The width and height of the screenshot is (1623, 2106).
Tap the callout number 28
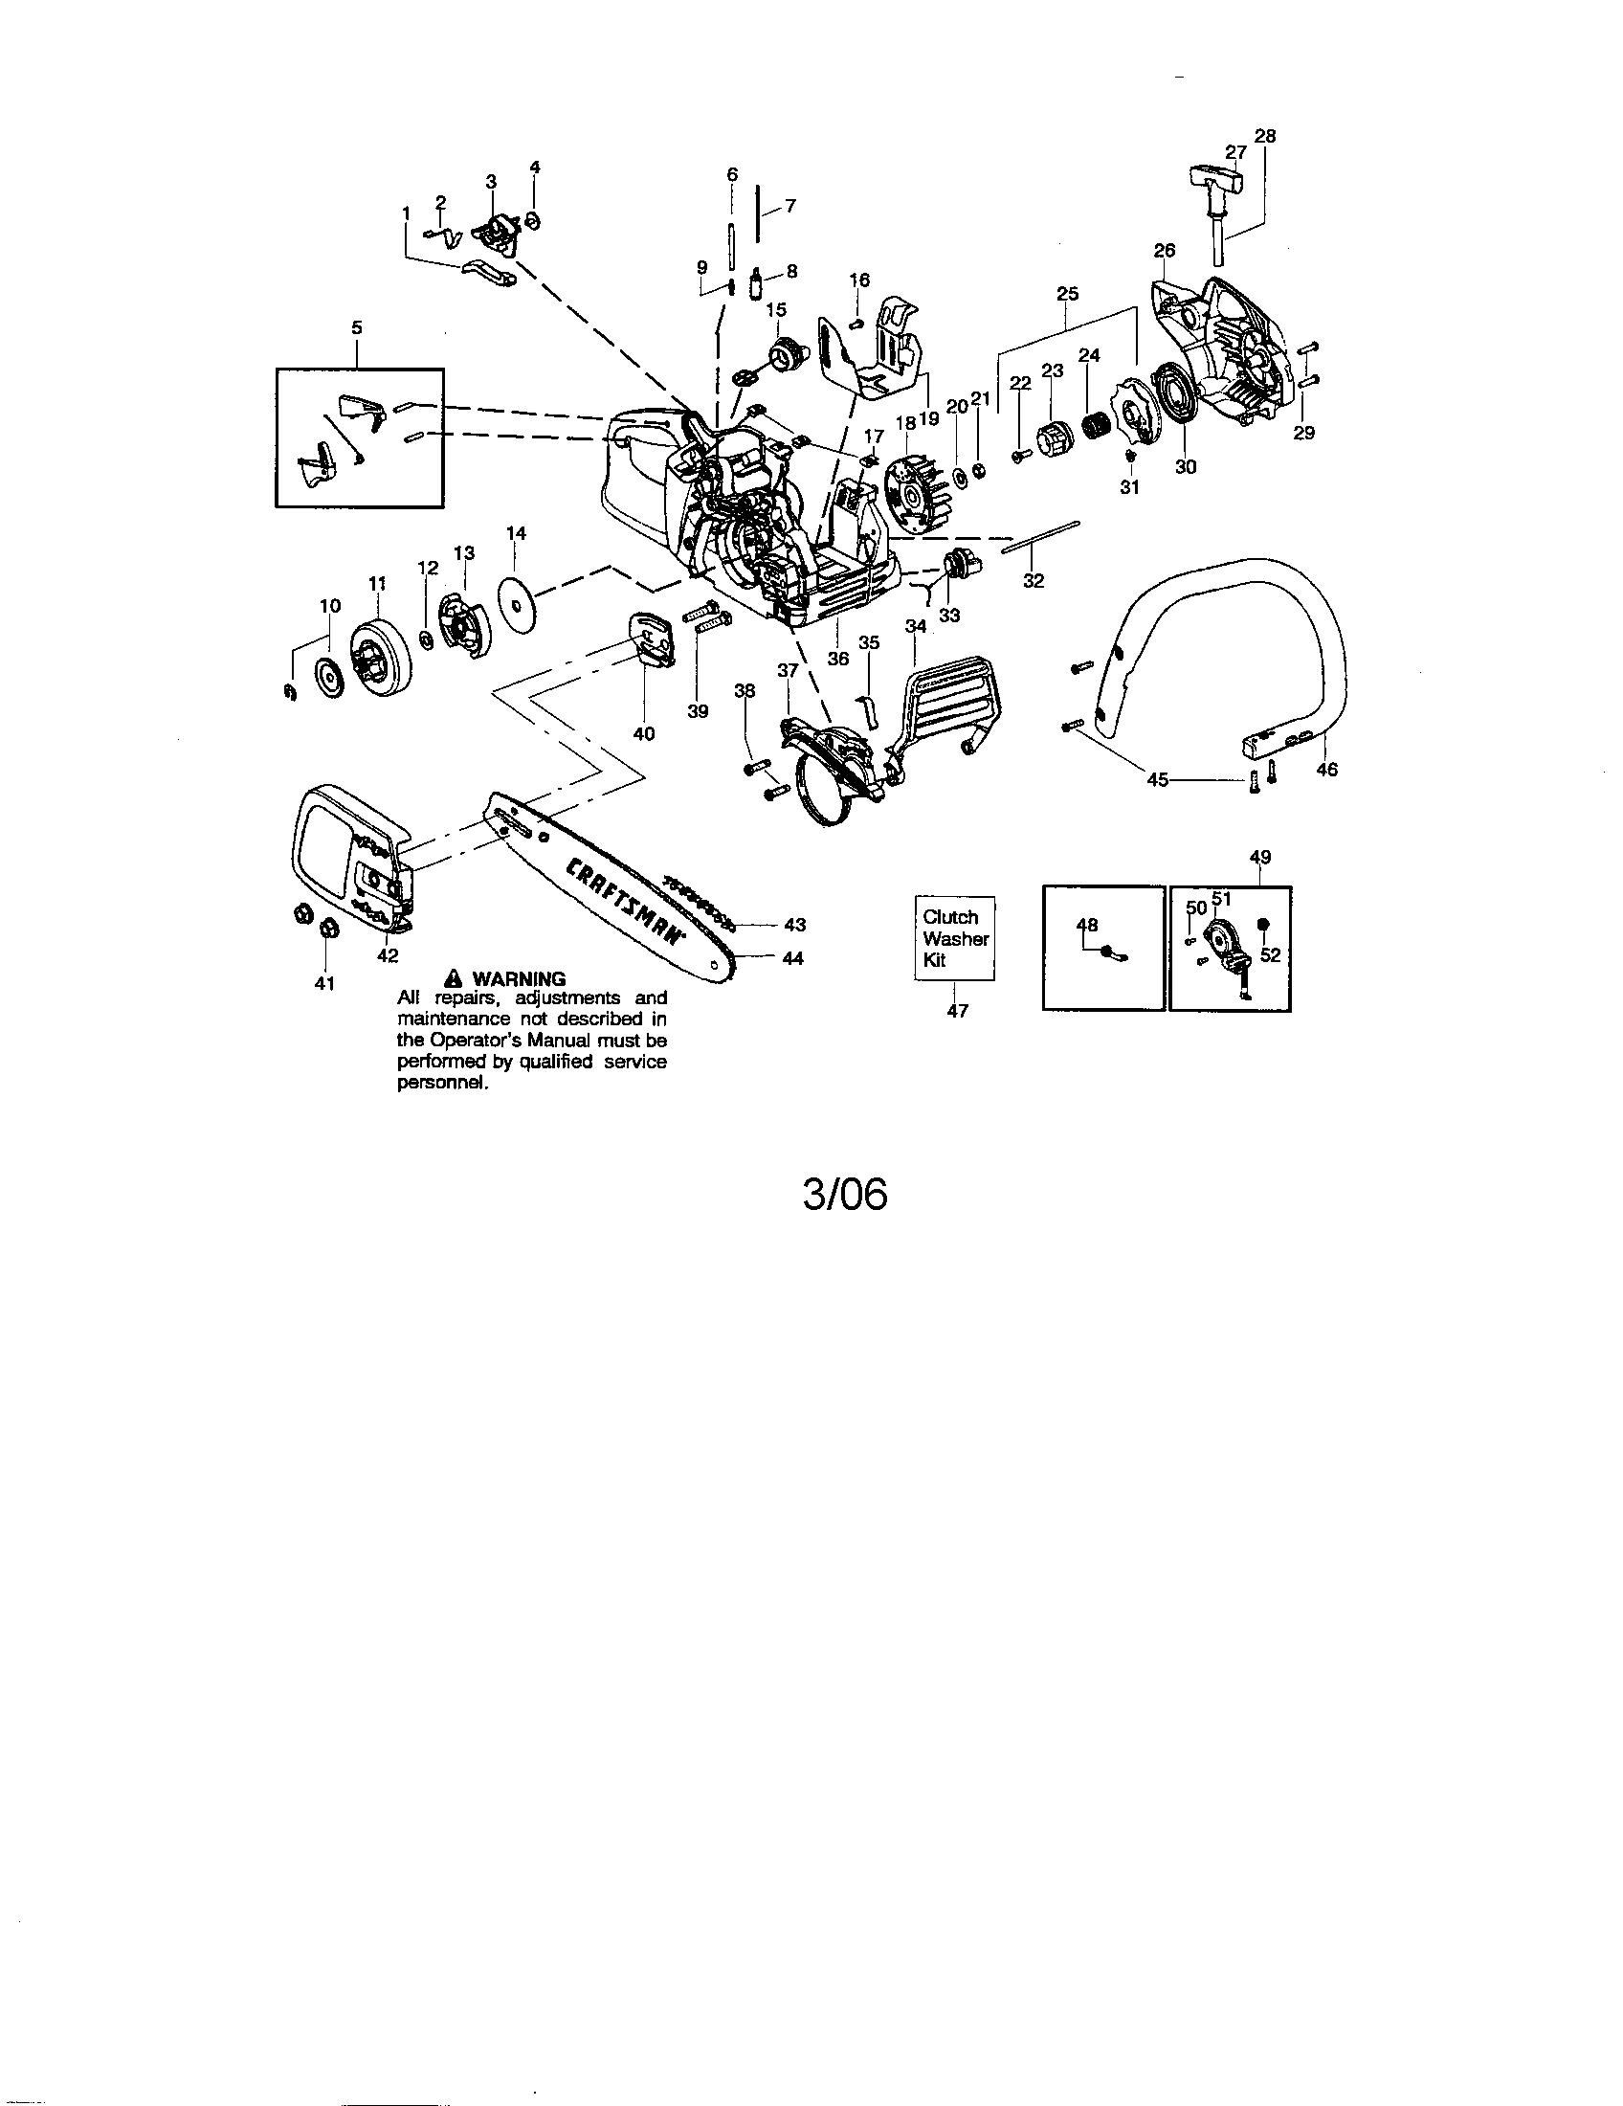point(1264,136)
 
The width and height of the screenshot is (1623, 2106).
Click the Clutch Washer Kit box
point(954,938)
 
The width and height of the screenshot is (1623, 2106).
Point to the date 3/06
point(845,1195)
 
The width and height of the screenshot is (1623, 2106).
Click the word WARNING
point(519,978)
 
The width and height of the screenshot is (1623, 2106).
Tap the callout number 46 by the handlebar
point(1326,770)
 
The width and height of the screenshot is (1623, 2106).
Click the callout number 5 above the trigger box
point(357,327)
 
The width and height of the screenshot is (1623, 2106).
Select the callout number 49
point(1259,857)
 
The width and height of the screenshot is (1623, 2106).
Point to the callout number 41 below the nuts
point(324,983)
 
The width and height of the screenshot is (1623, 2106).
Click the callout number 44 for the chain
point(793,958)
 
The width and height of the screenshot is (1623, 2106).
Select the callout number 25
point(1067,293)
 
